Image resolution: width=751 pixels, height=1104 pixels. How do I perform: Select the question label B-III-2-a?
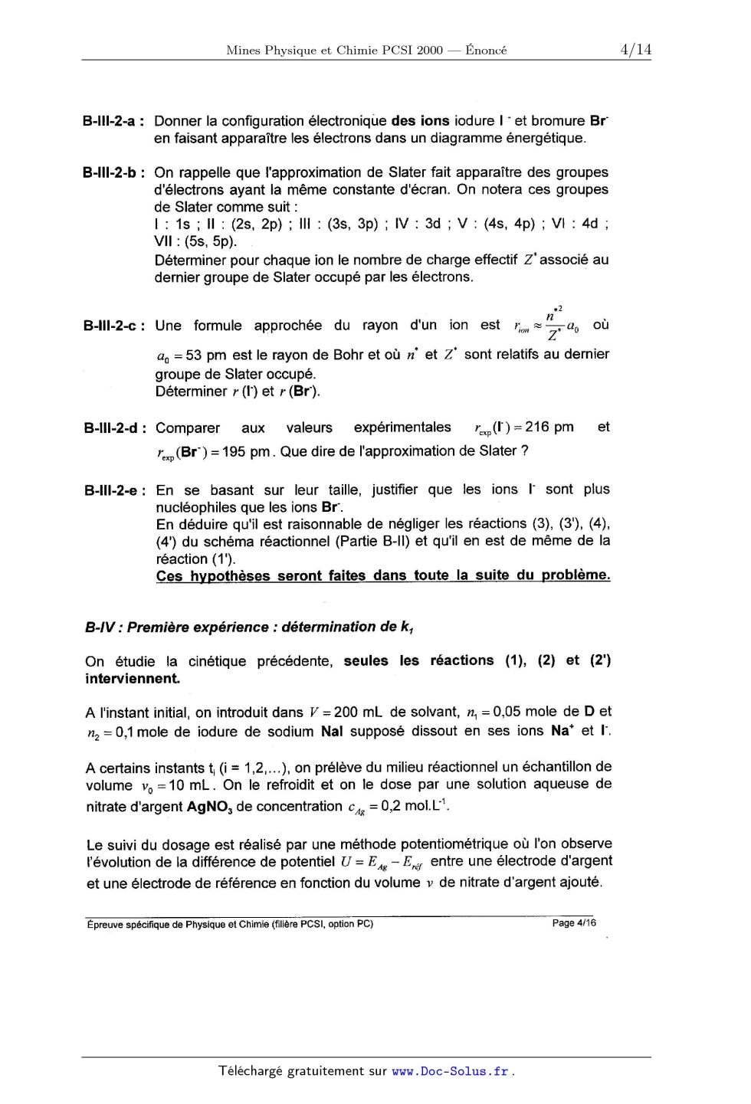click(x=113, y=121)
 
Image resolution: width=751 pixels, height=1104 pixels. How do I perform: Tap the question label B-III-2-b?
click(x=113, y=173)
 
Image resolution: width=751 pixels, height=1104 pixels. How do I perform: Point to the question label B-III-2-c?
click(x=113, y=326)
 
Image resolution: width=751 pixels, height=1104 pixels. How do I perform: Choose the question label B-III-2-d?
click(x=113, y=428)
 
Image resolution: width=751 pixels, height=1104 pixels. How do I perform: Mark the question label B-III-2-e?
click(x=113, y=490)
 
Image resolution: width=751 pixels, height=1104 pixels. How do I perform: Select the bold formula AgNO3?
click(x=209, y=807)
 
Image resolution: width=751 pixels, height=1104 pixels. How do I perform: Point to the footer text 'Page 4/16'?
click(x=574, y=922)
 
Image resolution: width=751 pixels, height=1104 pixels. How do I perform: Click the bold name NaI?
click(x=332, y=731)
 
